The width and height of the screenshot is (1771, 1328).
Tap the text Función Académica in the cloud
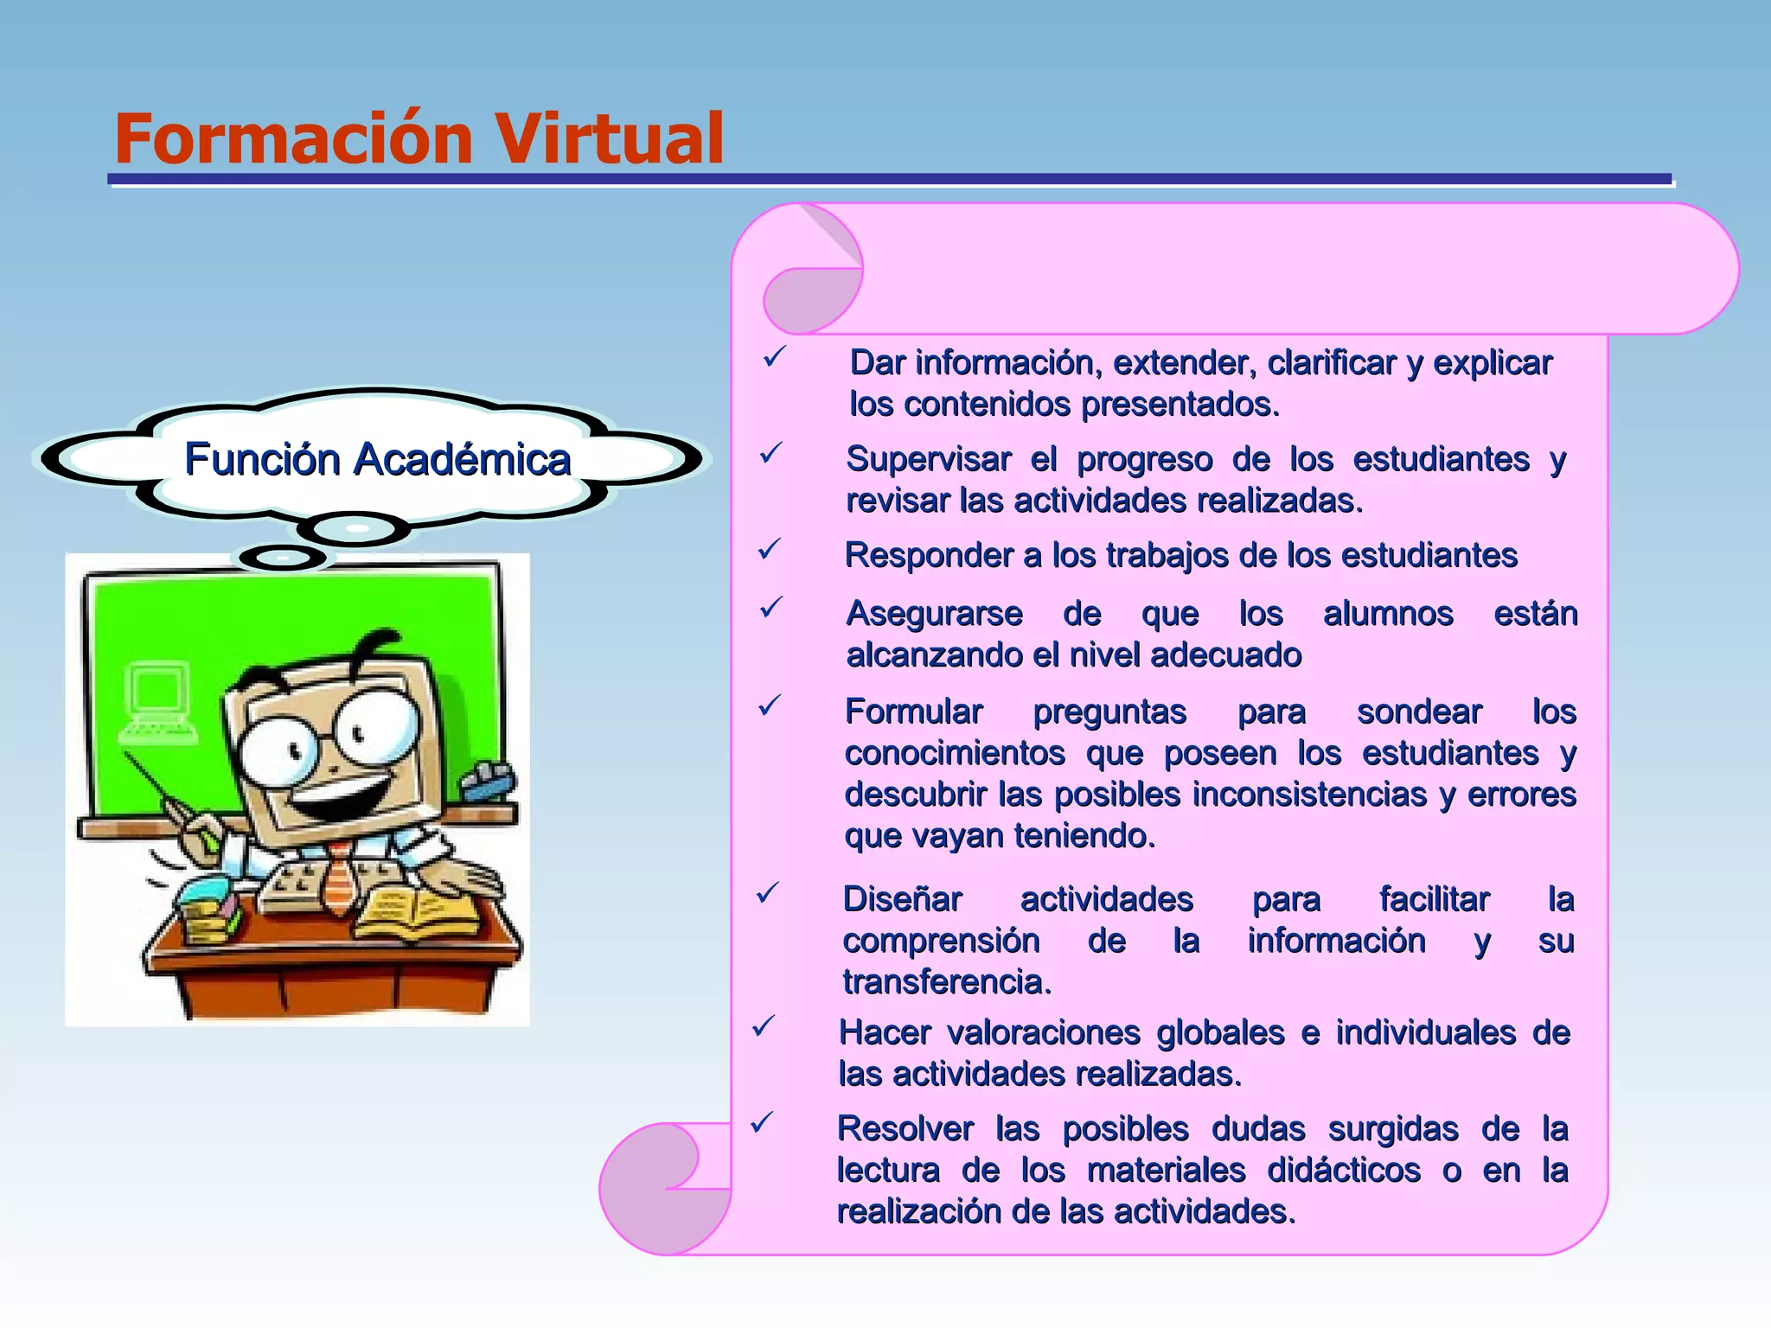tap(378, 459)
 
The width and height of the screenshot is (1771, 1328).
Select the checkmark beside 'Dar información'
tap(774, 356)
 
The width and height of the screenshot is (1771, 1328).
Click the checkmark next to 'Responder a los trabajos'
tap(769, 549)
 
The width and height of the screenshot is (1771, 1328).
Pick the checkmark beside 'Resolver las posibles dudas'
tap(761, 1122)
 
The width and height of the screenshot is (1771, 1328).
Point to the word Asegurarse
tap(934, 613)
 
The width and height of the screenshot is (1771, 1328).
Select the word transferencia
tap(947, 981)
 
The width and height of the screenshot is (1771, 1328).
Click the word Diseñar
tap(902, 899)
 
